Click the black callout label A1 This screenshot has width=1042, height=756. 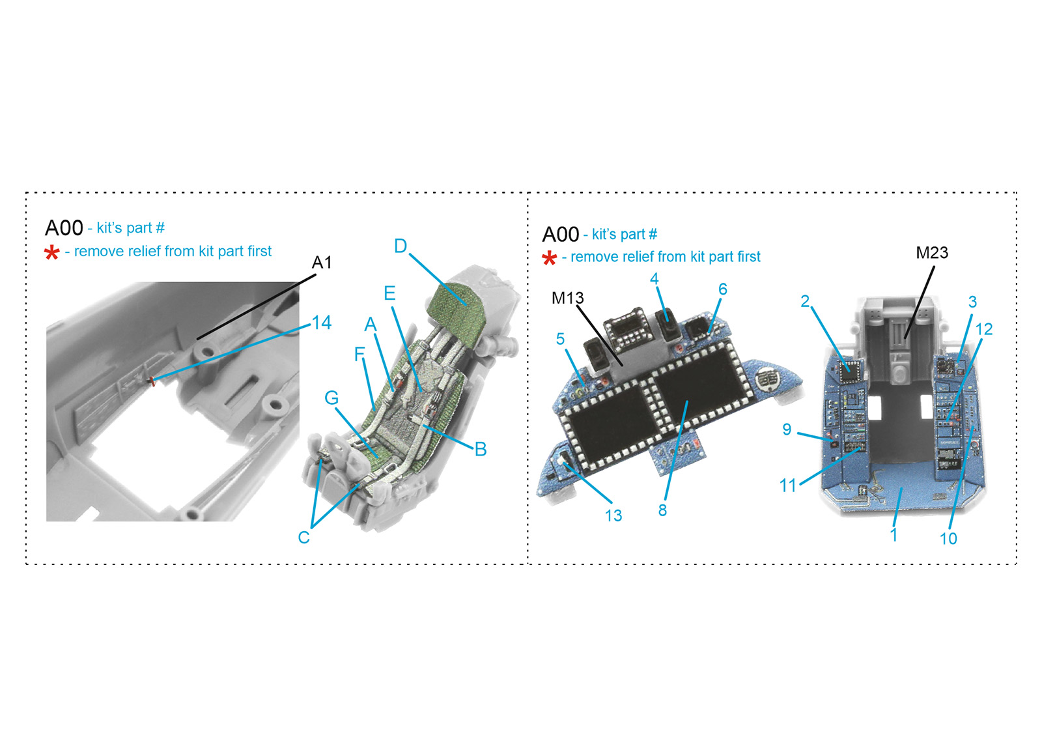tap(322, 263)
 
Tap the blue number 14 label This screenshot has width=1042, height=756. tap(322, 323)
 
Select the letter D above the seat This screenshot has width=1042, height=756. tap(401, 246)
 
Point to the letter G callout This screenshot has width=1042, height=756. tap(331, 398)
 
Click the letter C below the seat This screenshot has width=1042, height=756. tap(303, 537)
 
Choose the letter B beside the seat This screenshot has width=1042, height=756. tap(481, 449)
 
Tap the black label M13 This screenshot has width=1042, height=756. tap(567, 298)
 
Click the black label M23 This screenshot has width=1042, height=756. tap(932, 253)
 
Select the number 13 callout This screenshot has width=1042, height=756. tap(613, 516)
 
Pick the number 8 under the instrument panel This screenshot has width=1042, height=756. tap(662, 511)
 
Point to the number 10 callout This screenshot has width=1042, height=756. tap(948, 539)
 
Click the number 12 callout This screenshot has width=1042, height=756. tap(984, 330)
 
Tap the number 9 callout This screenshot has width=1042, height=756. tap(787, 429)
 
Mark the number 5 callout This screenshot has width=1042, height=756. tap(560, 339)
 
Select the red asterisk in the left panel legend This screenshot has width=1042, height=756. tap(51, 254)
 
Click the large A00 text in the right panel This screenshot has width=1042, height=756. tap(561, 235)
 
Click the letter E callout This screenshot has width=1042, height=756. tap(389, 293)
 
